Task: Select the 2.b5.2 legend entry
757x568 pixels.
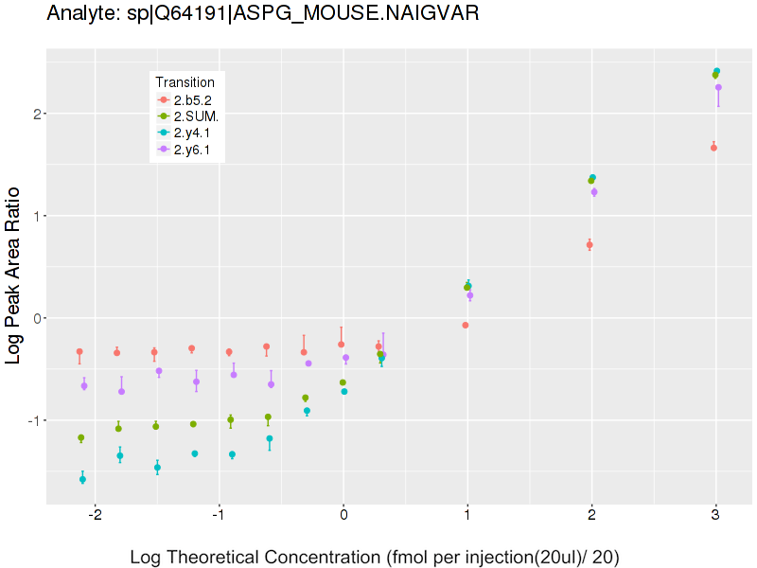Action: tap(192, 99)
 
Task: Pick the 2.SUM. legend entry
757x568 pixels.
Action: tap(196, 116)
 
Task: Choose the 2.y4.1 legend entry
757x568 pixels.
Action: tap(192, 133)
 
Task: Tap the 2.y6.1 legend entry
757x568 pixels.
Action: tap(192, 150)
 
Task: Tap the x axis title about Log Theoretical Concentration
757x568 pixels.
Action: tap(375, 557)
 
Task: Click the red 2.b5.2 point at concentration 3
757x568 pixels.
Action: tap(713, 148)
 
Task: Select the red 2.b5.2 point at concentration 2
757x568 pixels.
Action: tap(590, 244)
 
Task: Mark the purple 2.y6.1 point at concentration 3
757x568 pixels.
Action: tap(718, 87)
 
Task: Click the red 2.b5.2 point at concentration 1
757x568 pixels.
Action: tap(466, 325)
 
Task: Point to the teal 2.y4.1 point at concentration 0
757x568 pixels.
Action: tap(344, 391)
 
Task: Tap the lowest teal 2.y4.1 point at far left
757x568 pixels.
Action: tap(82, 480)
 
